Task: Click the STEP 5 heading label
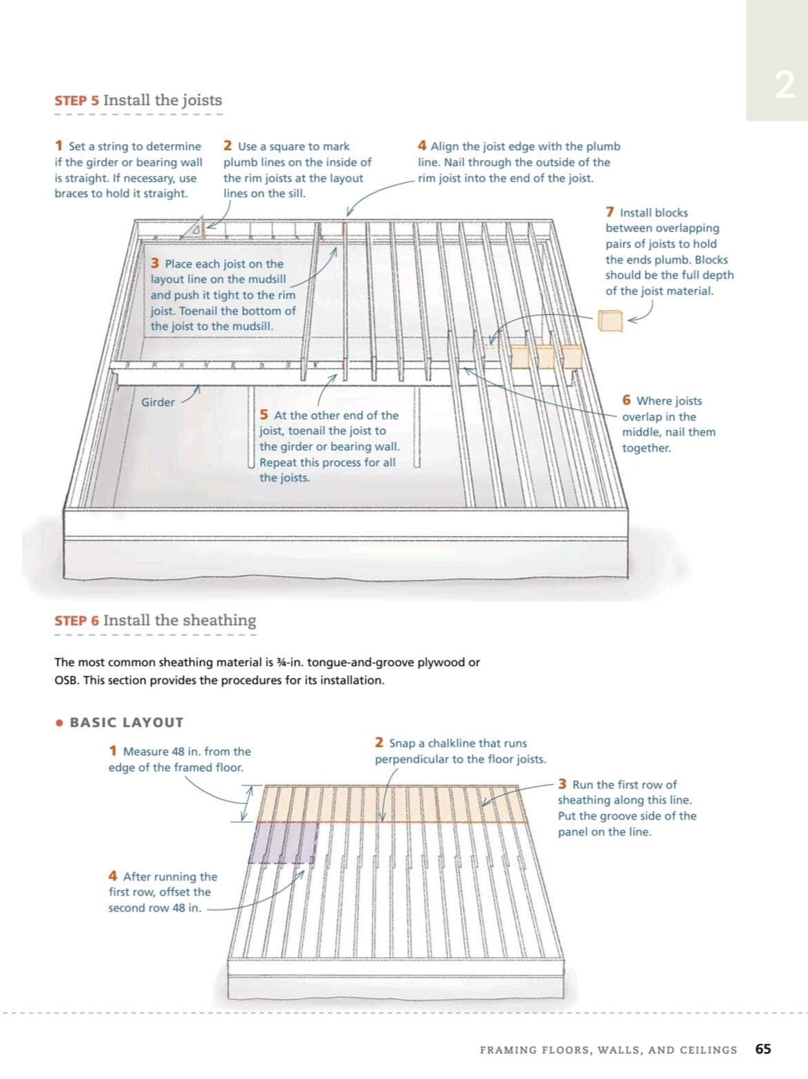pos(77,100)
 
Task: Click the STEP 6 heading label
pos(77,620)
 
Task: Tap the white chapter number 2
pos(784,86)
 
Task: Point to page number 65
pos(763,1049)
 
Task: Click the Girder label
pos(158,402)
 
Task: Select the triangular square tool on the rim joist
pos(194,228)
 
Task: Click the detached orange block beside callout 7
pos(610,321)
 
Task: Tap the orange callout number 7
pos(610,212)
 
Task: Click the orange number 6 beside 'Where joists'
pos(626,400)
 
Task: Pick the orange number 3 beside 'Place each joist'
pos(155,264)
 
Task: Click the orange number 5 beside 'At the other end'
pos(264,415)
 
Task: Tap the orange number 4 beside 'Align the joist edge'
pos(422,145)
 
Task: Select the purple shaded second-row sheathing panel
pos(284,842)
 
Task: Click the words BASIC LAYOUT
pos(127,722)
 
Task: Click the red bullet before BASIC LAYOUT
pos(59,723)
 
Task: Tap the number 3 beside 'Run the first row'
pos(562,784)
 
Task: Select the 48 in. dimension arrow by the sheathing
pos(246,803)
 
